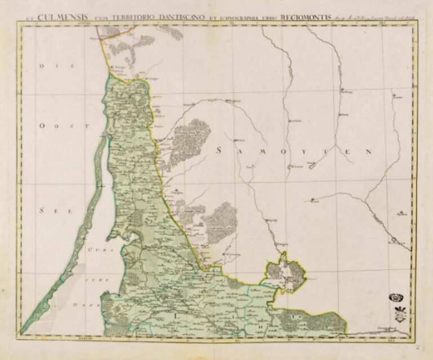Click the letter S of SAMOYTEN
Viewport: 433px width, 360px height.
pos(220,150)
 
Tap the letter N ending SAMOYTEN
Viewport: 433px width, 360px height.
pos(369,152)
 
